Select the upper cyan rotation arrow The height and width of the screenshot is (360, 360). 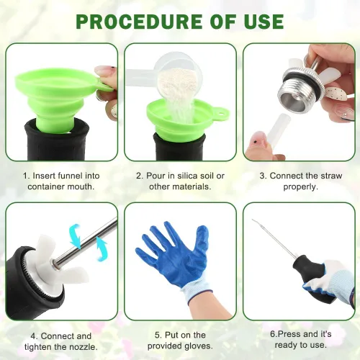click(x=75, y=235)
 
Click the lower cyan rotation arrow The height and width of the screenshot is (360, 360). click(x=102, y=248)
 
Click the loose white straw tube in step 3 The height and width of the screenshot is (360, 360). click(x=279, y=129)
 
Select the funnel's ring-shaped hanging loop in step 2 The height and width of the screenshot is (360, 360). click(x=222, y=112)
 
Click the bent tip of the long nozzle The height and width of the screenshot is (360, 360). click(x=253, y=220)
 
